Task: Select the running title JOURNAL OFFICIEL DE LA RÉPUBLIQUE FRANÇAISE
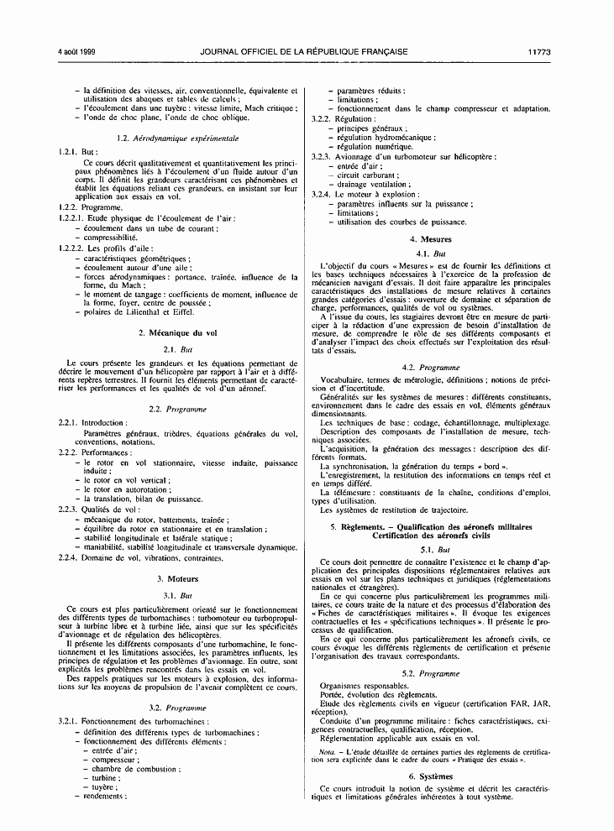point(304,52)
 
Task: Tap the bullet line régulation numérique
point(372,146)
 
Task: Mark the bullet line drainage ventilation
point(373,184)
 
